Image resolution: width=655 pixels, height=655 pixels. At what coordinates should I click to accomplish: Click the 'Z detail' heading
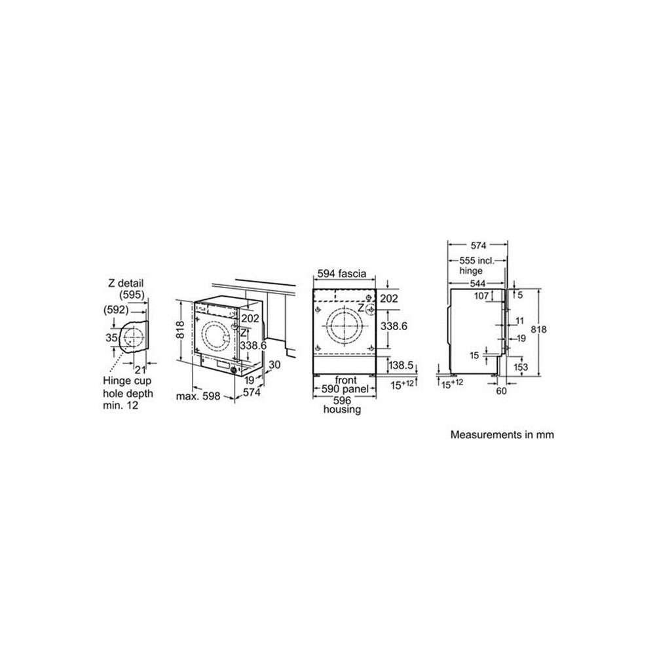click(x=125, y=283)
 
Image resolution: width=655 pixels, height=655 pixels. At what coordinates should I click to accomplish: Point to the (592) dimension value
click(x=116, y=309)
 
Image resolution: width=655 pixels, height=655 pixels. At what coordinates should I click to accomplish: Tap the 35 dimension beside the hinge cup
click(x=111, y=338)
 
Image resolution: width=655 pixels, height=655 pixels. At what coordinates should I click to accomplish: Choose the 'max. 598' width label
click(x=196, y=396)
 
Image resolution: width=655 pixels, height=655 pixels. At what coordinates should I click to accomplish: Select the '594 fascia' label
click(x=342, y=274)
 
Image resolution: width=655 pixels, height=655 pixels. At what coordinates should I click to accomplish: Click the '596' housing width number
click(x=345, y=400)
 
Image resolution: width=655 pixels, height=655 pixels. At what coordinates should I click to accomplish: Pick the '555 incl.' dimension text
click(x=477, y=260)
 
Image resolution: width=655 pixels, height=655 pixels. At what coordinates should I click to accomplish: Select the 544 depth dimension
click(x=477, y=284)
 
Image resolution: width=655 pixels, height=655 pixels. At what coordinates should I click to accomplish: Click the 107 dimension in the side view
click(x=481, y=296)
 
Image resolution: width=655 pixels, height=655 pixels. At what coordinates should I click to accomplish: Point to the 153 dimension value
click(x=521, y=367)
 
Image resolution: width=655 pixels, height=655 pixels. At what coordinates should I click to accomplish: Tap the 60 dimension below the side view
click(x=501, y=391)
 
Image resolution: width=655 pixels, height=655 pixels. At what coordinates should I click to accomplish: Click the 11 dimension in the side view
click(x=519, y=321)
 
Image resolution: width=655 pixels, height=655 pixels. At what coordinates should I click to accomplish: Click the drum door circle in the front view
click(x=344, y=324)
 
